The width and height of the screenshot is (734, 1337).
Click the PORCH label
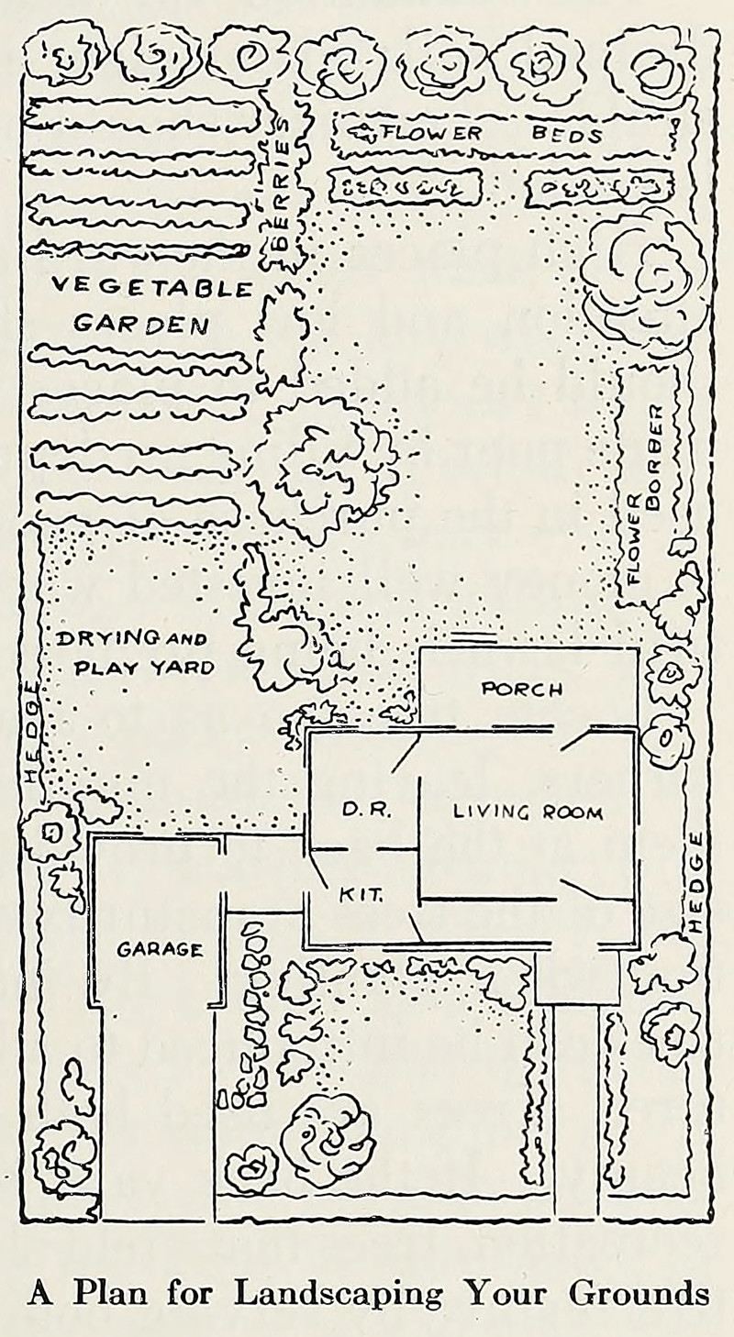click(x=522, y=689)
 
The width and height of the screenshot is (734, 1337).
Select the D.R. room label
click(x=367, y=811)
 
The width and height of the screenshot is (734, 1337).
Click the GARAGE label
click(x=160, y=950)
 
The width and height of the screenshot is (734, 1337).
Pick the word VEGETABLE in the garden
click(x=151, y=287)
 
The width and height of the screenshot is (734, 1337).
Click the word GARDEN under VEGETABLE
click(x=140, y=324)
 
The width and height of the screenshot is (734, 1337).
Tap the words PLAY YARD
click(x=144, y=668)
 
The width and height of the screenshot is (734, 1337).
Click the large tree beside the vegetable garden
click(x=319, y=467)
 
